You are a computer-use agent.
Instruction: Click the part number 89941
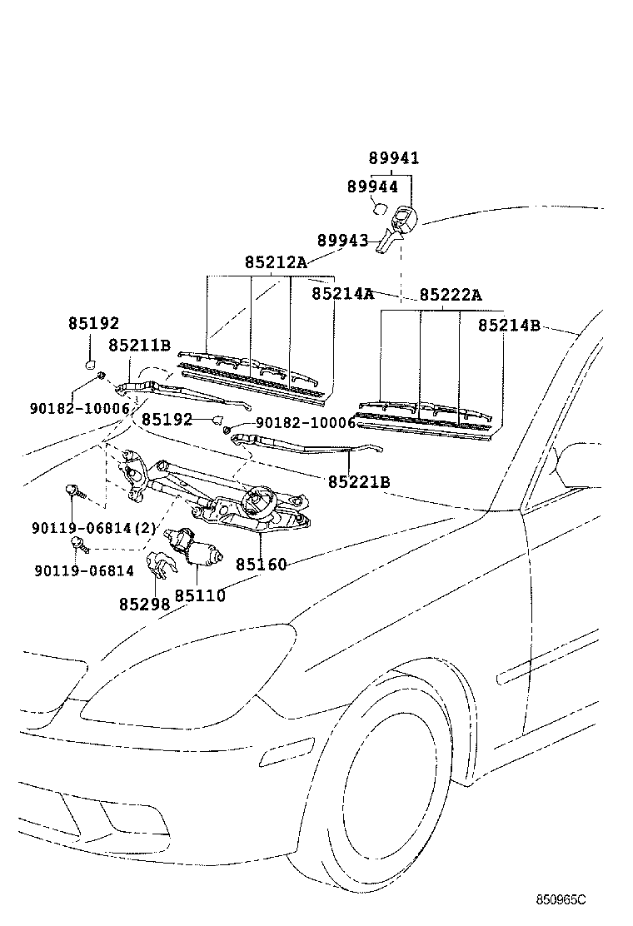pos(394,158)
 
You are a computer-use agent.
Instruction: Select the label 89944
pos(372,187)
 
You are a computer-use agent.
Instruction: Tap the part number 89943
pos(342,240)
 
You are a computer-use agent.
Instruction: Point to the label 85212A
pos(276,262)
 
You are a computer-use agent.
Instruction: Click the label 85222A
pos(451,295)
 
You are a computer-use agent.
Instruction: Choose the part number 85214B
pos(510,326)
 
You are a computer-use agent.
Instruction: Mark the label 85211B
pos(139,345)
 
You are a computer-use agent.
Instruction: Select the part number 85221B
pos(359,481)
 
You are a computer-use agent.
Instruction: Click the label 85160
pos(261,565)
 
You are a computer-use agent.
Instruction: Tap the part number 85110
pos(200,596)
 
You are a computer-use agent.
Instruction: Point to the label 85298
pos(144,605)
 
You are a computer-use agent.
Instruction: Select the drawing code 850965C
pos(561,900)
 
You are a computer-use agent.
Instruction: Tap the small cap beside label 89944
pos(378,209)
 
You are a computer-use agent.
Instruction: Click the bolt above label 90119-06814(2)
pos(73,494)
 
